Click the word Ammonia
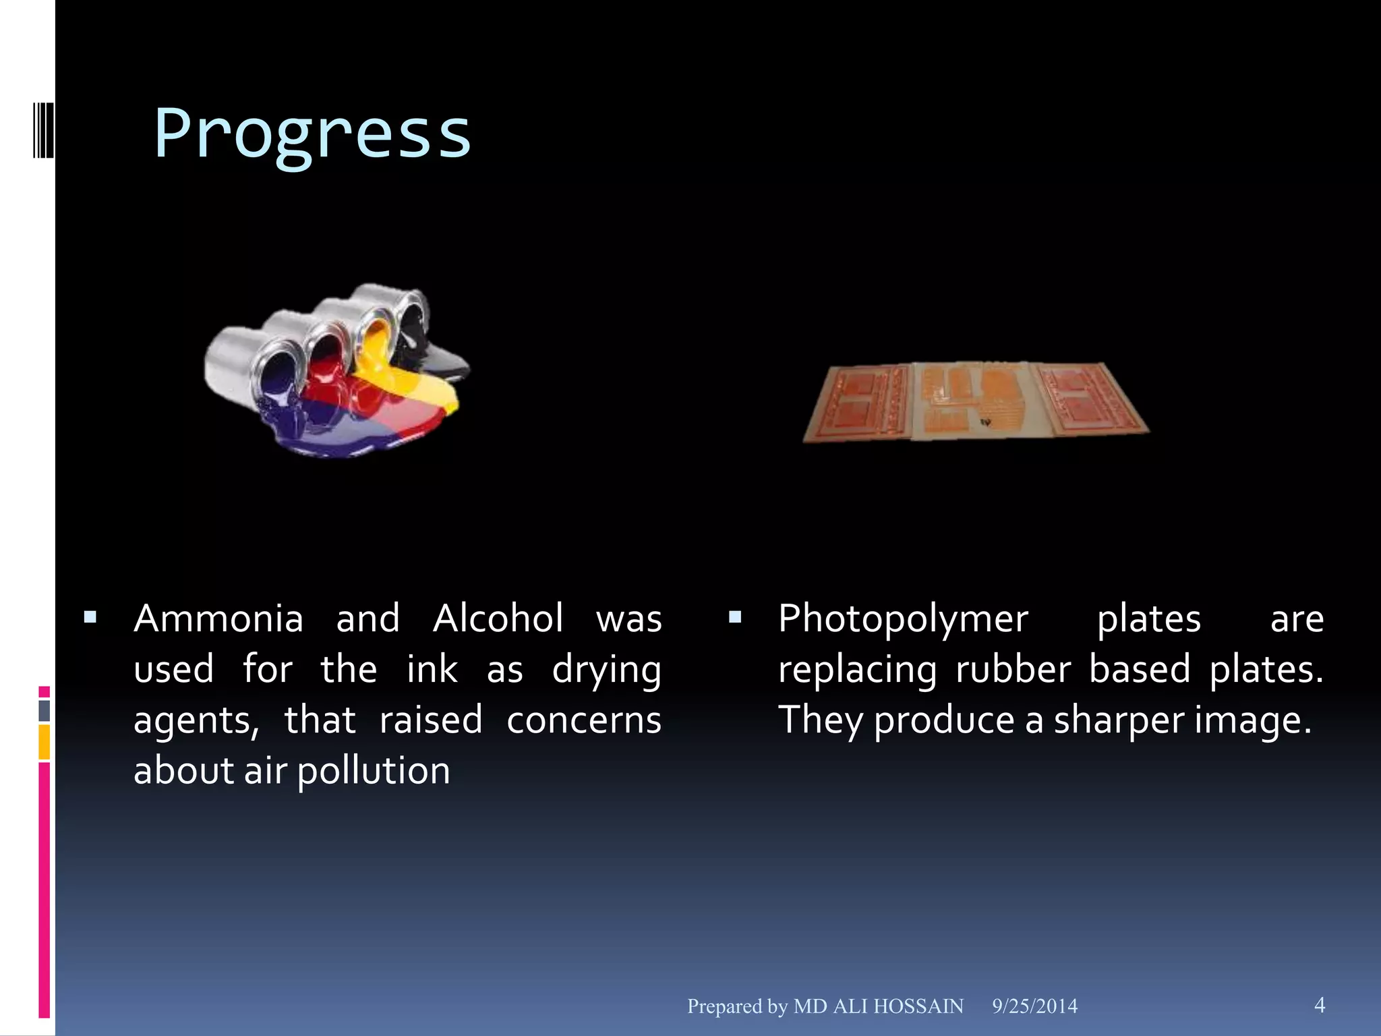pos(218,619)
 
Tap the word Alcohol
pos(498,619)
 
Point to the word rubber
pos(1013,670)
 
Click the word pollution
pos(374,772)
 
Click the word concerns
pos(584,720)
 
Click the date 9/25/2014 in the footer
pos(1034,1006)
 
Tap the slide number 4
pos(1320,1005)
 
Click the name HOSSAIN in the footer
pos(918,1006)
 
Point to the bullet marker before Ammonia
pos(90,616)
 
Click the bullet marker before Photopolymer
pos(735,616)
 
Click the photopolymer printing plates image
pos(976,402)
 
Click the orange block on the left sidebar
pos(44,742)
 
